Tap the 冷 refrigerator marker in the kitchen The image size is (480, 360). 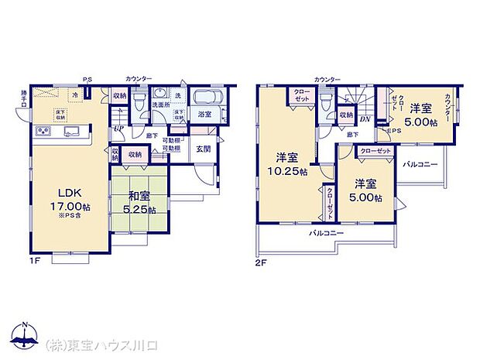click(75, 95)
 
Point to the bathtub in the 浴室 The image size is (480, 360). click(206, 99)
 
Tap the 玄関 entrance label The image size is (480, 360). click(203, 148)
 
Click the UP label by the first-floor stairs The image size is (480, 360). click(118, 129)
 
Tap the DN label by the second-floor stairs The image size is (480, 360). click(364, 118)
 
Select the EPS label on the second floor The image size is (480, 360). click(393, 131)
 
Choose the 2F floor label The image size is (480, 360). click(261, 262)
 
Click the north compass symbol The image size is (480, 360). click(25, 335)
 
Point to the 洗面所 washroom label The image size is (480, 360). click(160, 104)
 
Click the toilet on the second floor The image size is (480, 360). click(327, 101)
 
